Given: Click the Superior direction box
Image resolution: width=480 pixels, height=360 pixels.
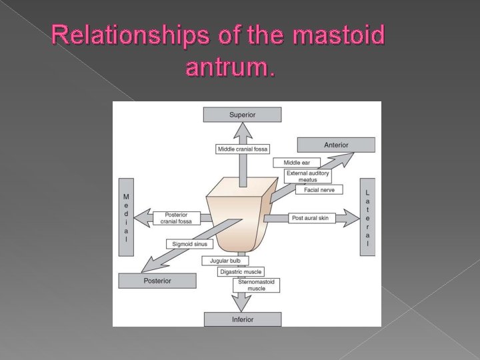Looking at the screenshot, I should coord(242,115).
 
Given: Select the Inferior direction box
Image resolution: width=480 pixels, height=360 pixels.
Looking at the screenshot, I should coord(242,319).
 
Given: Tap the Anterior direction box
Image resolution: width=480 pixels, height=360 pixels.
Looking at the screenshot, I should coord(335,145).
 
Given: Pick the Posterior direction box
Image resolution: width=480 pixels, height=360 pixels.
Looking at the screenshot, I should coord(157,281).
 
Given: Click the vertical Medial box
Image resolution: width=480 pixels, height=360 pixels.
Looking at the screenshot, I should coord(126,217).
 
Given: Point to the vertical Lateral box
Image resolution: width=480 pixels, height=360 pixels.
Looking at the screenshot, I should coord(367,217).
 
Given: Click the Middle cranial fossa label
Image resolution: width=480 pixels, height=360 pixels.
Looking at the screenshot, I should coord(242,149).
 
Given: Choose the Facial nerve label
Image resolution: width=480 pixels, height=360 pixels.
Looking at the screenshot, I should coord(319,190).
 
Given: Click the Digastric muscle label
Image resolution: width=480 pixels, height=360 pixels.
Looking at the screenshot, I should coord(241,271).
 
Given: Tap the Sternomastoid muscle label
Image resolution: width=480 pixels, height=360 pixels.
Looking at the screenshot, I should coord(256,285).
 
